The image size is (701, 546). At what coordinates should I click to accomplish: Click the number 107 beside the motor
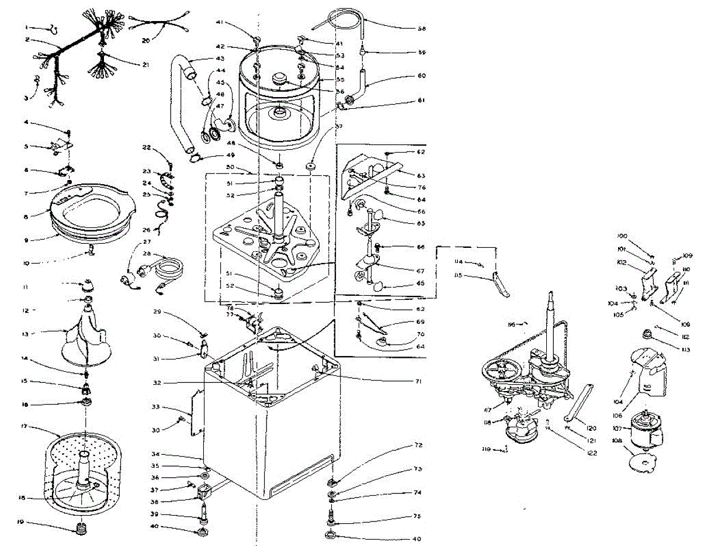(616, 428)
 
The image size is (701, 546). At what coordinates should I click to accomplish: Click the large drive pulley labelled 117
(501, 374)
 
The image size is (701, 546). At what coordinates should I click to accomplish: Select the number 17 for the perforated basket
(24, 427)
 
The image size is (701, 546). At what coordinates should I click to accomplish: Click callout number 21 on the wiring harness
(144, 64)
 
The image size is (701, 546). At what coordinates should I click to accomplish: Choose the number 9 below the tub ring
(25, 239)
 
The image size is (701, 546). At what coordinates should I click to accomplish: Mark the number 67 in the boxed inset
(419, 270)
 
